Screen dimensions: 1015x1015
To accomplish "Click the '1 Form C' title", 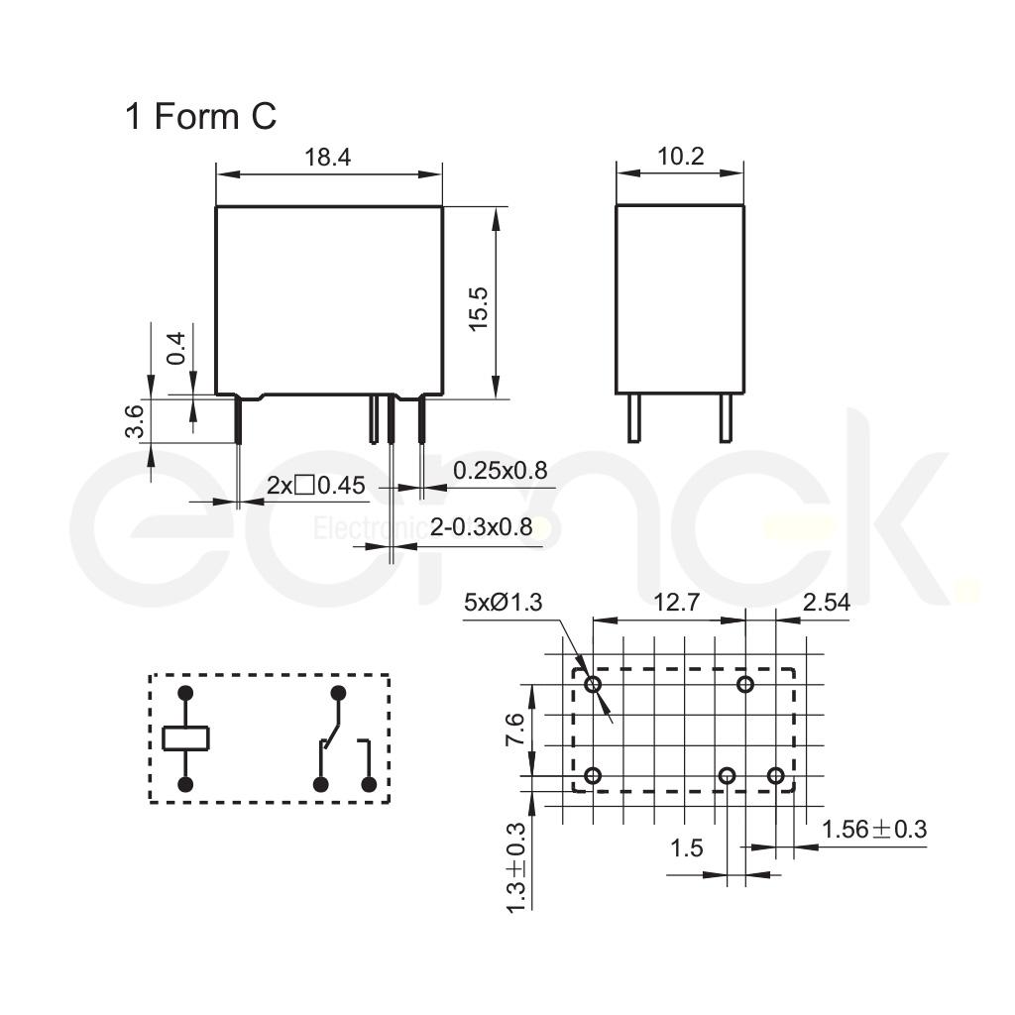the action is click(x=200, y=117).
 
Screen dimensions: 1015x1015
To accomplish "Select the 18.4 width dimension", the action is click(x=327, y=158).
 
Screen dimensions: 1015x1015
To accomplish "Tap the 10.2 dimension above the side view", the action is click(x=680, y=157).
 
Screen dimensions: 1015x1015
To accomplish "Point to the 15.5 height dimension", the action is click(x=479, y=309).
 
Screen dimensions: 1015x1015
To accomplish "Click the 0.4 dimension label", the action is click(x=175, y=348).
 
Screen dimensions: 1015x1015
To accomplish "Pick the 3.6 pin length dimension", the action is click(x=135, y=421).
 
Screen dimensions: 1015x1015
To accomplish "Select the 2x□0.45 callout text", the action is click(x=316, y=485).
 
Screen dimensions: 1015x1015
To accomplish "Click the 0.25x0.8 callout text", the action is click(x=500, y=471).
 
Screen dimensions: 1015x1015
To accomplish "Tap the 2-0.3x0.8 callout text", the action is click(x=481, y=527).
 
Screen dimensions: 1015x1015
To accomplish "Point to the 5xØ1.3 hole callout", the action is click(x=503, y=603).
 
